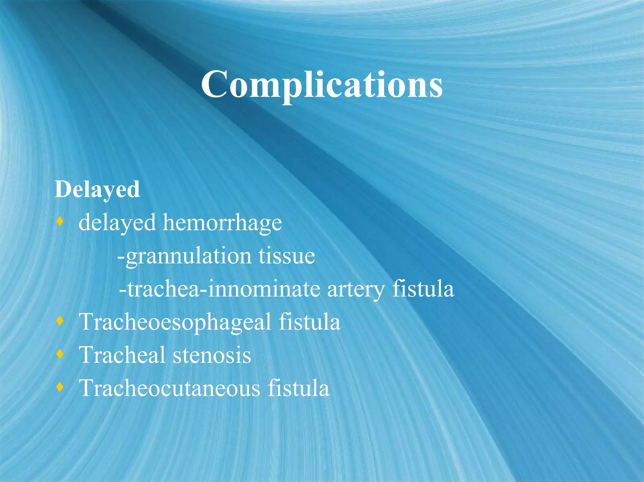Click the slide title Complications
click(322, 84)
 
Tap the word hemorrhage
click(222, 223)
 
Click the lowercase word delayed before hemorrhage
click(117, 223)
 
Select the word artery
click(356, 289)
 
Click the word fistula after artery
click(423, 289)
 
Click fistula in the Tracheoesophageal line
click(309, 322)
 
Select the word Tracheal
click(123, 355)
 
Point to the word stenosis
click(212, 355)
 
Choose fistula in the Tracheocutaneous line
click(298, 388)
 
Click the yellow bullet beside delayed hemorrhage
click(60, 222)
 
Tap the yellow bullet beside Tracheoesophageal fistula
click(60, 321)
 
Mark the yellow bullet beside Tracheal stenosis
click(60, 354)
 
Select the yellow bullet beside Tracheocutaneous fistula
click(60, 387)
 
